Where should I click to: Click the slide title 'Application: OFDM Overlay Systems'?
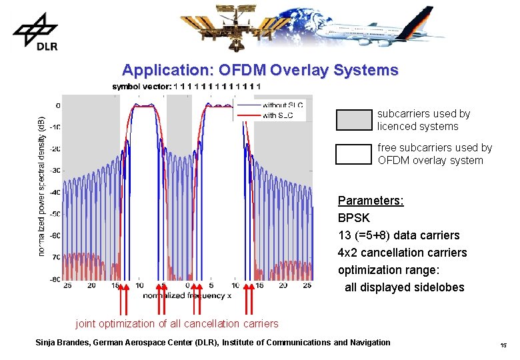coord(260,70)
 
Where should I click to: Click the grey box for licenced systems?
coord(353,120)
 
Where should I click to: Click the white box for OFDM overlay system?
coord(353,154)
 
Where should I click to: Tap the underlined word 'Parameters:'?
coord(371,201)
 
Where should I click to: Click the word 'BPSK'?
coord(353,218)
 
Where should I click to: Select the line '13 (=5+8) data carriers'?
coord(399,235)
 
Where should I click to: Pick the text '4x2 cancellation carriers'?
coord(402,253)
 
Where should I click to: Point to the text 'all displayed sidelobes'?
coord(404,287)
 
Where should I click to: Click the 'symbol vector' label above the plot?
coord(141,86)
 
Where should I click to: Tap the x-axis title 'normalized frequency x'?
coord(187,295)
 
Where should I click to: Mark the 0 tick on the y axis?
coord(58,105)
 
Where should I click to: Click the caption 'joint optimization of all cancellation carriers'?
coord(177,323)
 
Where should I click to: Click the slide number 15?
coord(503,345)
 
